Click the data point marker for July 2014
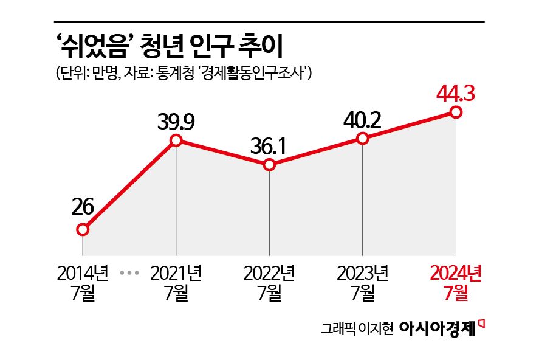83,230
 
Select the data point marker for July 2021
176,140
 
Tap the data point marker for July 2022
270,165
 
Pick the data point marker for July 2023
363,139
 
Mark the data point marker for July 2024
456,112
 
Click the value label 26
82,207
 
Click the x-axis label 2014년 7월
83,283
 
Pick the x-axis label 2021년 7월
176,283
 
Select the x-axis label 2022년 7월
269,283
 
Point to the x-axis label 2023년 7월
363,283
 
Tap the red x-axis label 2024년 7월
456,283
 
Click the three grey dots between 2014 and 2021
129,273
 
